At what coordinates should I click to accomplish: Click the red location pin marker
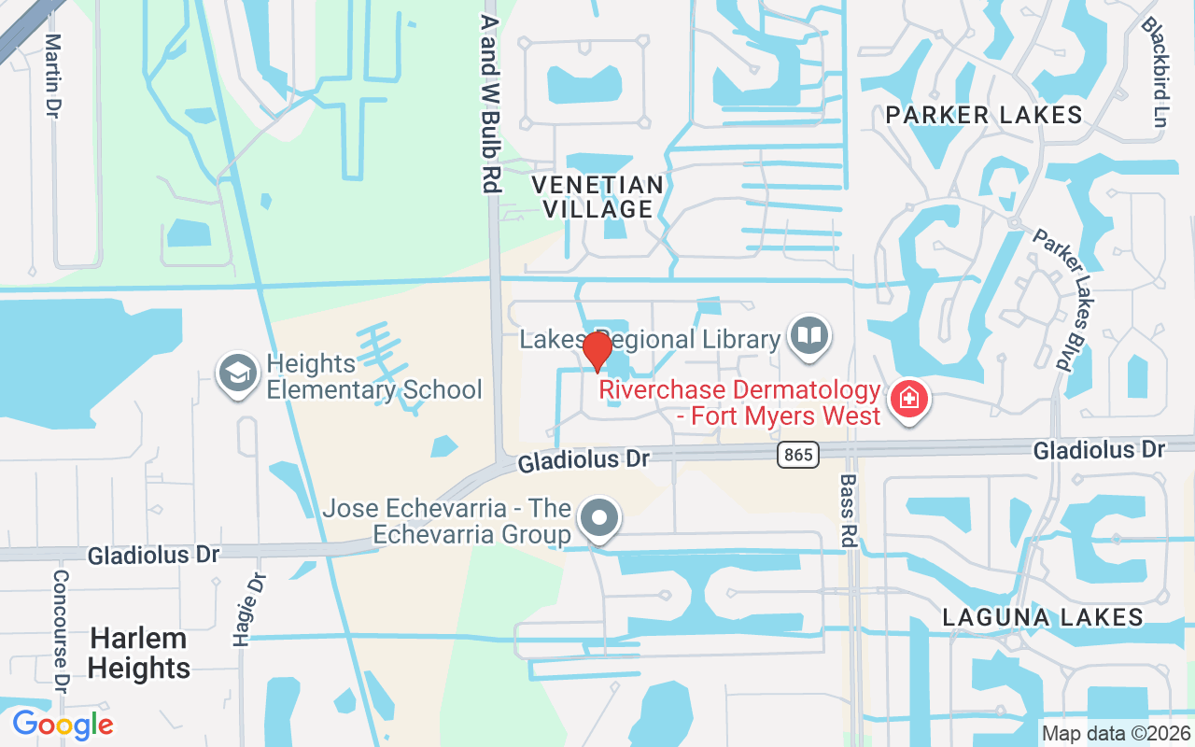click(x=597, y=351)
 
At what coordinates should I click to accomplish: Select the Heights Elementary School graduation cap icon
click(x=238, y=374)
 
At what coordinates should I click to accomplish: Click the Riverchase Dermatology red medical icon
click(x=907, y=401)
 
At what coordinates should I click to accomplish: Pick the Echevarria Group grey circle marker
click(x=599, y=517)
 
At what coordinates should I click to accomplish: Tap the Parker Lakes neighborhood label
click(x=984, y=115)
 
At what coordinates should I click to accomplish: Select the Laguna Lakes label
click(x=1043, y=617)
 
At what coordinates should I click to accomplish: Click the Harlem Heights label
click(x=140, y=654)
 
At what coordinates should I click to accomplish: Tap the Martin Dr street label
click(x=53, y=76)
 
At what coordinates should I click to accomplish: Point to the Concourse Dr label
click(x=62, y=631)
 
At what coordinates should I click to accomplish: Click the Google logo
click(x=63, y=724)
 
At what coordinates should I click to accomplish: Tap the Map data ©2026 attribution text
click(x=1115, y=733)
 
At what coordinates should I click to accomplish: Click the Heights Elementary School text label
click(x=373, y=376)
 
